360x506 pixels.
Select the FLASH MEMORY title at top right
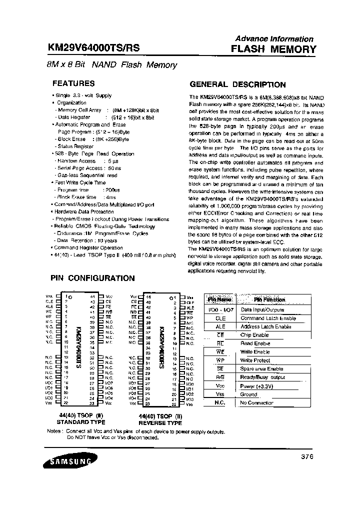pyautogui.click(x=273, y=49)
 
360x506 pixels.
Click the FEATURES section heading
pyautogui.click(x=73, y=83)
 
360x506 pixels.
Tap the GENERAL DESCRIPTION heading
pyautogui.click(x=237, y=84)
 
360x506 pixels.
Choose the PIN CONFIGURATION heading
pyautogui.click(x=92, y=278)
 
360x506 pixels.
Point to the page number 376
pyautogui.click(x=307, y=456)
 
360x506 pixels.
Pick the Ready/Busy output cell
pyautogui.click(x=263, y=377)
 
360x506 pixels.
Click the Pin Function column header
pyautogui.click(x=269, y=299)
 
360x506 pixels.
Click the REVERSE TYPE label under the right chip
pyautogui.click(x=160, y=422)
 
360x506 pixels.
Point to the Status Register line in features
pyautogui.click(x=76, y=146)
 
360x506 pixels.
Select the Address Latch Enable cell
pyautogui.click(x=266, y=326)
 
